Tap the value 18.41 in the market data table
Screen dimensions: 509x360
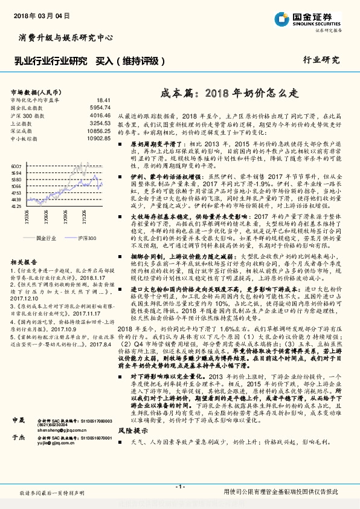(x=102, y=100)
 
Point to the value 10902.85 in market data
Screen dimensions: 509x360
(x=98, y=138)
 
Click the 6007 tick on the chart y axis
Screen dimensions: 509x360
(x=16, y=165)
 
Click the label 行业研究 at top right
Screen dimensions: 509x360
(x=321, y=60)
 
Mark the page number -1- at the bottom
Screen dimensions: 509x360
(x=179, y=487)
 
